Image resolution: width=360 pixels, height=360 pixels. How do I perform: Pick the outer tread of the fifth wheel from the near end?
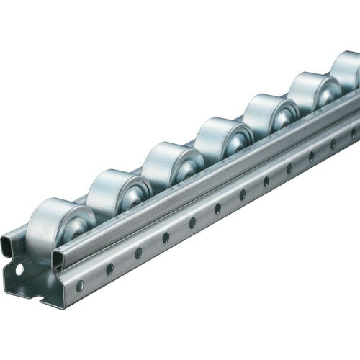pyautogui.click(x=256, y=112)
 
